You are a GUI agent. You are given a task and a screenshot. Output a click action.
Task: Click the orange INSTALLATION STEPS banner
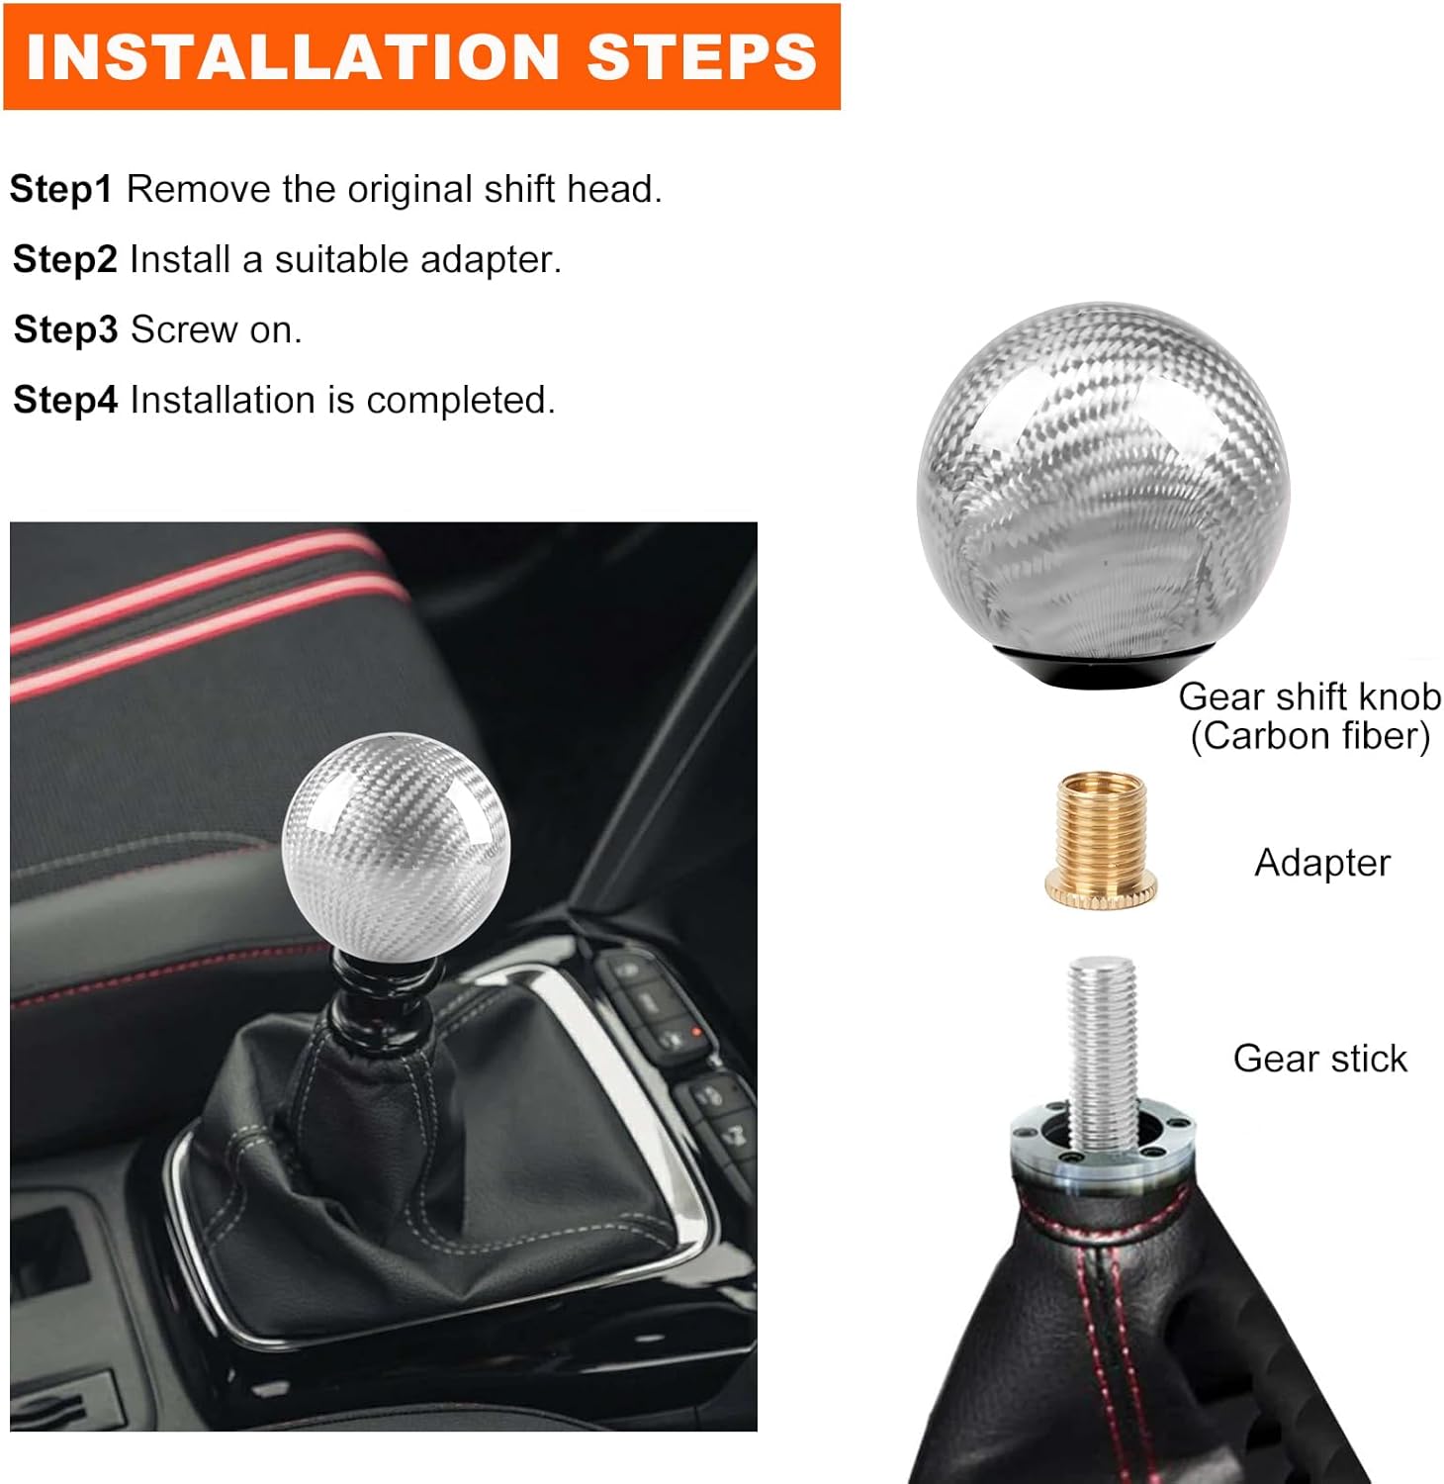(421, 56)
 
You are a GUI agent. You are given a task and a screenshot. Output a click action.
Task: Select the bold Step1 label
(61, 189)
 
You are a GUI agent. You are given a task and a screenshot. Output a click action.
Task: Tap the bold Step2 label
(65, 259)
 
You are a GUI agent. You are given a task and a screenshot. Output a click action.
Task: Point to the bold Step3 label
(65, 329)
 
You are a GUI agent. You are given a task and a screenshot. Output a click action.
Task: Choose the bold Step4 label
(65, 400)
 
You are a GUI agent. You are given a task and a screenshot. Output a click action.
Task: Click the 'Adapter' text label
(1322, 863)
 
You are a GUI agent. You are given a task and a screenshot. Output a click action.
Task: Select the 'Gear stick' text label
(1319, 1059)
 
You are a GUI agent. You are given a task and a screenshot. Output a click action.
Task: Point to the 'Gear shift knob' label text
(1309, 696)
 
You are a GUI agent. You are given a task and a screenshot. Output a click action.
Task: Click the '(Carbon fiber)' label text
(1310, 736)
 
